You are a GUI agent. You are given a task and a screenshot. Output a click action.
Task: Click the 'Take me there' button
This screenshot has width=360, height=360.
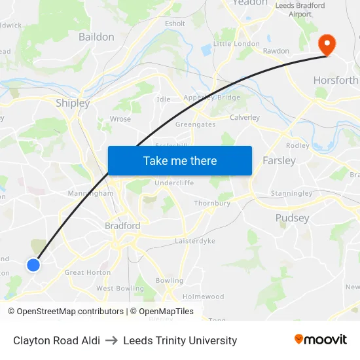pos(180,160)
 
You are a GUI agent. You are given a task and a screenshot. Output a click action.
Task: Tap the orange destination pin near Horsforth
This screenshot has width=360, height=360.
pos(326,45)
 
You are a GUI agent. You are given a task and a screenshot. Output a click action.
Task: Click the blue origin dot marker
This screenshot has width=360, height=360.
pos(33,264)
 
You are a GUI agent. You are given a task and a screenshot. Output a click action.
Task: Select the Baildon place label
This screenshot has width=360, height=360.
pos(96,37)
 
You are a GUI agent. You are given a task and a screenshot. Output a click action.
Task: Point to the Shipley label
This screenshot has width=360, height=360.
pos(73,103)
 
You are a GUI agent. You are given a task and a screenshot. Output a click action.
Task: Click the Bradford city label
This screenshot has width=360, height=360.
pos(122,226)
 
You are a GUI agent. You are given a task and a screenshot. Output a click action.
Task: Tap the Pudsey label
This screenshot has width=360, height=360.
pos(292,218)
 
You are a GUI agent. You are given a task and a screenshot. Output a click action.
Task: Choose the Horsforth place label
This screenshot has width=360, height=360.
pos(336,80)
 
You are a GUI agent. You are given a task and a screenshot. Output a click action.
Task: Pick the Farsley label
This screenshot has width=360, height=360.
pos(279,160)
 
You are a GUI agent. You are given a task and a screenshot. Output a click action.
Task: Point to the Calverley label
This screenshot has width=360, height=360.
pos(245,118)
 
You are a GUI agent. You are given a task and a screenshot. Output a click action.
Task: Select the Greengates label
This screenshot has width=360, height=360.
pos(196,124)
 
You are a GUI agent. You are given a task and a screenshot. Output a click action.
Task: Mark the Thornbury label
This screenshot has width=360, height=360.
pos(212,203)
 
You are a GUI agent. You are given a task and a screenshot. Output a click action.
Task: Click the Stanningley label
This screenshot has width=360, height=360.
pos(292,193)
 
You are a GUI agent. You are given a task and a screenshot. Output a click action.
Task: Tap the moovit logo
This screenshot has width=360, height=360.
pos(321,339)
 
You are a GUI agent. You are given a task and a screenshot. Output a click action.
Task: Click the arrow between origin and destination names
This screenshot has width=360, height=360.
pos(111,340)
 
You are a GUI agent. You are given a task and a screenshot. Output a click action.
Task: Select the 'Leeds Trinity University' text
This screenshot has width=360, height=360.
pos(180,340)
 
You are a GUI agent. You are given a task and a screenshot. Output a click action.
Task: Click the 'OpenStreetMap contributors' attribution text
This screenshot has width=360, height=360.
pos(69,312)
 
